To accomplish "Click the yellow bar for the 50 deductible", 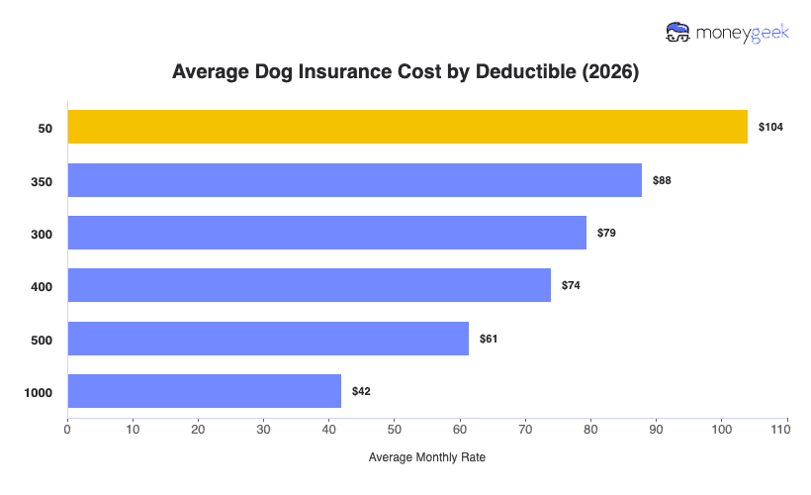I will pyautogui.click(x=407, y=127).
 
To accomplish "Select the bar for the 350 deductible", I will pyautogui.click(x=354, y=180).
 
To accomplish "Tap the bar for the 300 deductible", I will pyautogui.click(x=326, y=233).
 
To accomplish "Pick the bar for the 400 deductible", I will pyautogui.click(x=309, y=285).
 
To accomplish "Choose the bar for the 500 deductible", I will pyautogui.click(x=268, y=339).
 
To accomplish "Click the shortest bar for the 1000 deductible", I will pyautogui.click(x=204, y=391).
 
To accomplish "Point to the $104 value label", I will pyautogui.click(x=770, y=128).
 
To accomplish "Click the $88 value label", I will pyautogui.click(x=662, y=180).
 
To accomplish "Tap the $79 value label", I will pyautogui.click(x=606, y=234).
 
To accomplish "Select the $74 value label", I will pyautogui.click(x=571, y=286).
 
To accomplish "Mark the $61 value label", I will pyautogui.click(x=489, y=339).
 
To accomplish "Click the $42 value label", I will pyautogui.click(x=361, y=392).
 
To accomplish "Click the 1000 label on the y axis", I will pyautogui.click(x=38, y=393).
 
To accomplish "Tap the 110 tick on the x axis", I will pyautogui.click(x=786, y=430).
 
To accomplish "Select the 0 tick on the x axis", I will pyautogui.click(x=67, y=430).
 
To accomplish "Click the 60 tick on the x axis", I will pyautogui.click(x=460, y=430).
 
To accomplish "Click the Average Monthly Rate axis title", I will pyautogui.click(x=427, y=458).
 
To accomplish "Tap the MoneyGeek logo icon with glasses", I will pyautogui.click(x=678, y=32).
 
